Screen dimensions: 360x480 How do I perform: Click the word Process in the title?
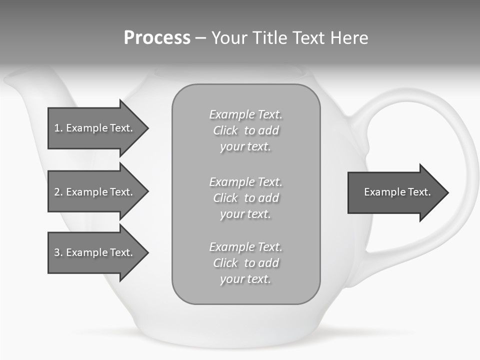[x=157, y=38]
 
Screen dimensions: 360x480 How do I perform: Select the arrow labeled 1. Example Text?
[x=95, y=128]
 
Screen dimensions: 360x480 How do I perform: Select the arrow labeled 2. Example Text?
[x=95, y=192]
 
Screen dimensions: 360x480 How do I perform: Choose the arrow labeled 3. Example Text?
[x=95, y=252]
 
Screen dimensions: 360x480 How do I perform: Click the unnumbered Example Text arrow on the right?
[x=395, y=192]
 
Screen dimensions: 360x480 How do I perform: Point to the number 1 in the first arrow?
[x=57, y=128]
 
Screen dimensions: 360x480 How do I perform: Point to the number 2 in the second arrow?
[x=57, y=192]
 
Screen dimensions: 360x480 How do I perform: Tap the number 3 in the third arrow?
[x=57, y=252]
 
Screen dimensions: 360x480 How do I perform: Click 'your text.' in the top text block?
[x=245, y=147]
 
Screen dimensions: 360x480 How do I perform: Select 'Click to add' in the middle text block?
[x=245, y=198]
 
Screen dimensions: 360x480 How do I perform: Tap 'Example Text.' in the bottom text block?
[x=245, y=247]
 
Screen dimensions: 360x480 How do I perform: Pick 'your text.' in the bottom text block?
[x=245, y=279]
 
